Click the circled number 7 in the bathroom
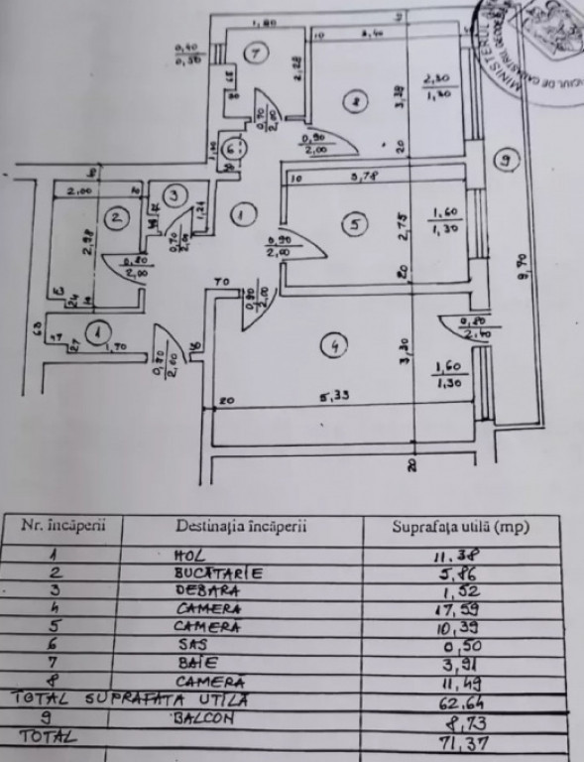point(257,55)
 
